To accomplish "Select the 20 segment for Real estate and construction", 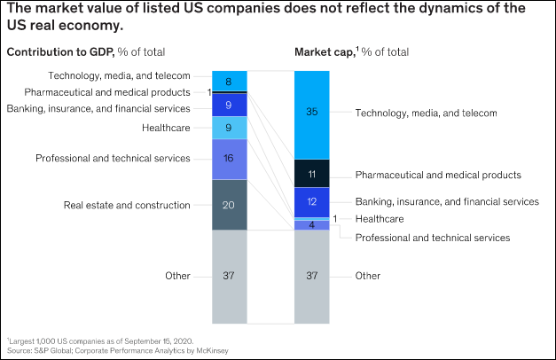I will [230, 205].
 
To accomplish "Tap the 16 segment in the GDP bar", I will [230, 159].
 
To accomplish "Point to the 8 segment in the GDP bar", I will [230, 82].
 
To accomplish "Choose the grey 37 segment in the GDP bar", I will [230, 276].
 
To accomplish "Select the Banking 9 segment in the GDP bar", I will [230, 105].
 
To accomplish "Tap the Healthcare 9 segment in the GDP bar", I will [230, 128].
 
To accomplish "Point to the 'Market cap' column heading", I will [351, 52].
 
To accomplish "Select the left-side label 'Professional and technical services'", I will [113, 158].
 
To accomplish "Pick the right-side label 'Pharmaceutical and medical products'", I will [438, 175].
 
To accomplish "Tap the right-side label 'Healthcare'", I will [380, 218].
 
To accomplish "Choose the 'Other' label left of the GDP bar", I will [177, 276].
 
